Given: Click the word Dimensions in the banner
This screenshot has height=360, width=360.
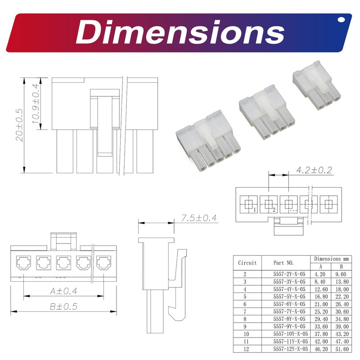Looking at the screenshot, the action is coord(180,32).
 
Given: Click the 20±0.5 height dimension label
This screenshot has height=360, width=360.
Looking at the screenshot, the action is coord(19,125).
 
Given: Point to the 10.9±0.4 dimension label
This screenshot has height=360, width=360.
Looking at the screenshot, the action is coord(36,103).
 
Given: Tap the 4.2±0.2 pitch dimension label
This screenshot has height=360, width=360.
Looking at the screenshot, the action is coord(314,170).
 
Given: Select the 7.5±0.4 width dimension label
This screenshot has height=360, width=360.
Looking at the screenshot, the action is coord(199,218).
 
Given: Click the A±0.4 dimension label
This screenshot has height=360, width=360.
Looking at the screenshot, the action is coord(63,291).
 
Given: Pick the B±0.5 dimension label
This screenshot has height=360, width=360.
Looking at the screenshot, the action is coord(63,306).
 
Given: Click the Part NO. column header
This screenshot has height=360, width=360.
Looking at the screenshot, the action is coord(283,263).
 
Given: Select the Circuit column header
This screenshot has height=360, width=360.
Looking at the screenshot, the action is coord(247,263).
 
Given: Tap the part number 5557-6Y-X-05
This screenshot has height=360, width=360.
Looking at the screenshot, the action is coord(289,304).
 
